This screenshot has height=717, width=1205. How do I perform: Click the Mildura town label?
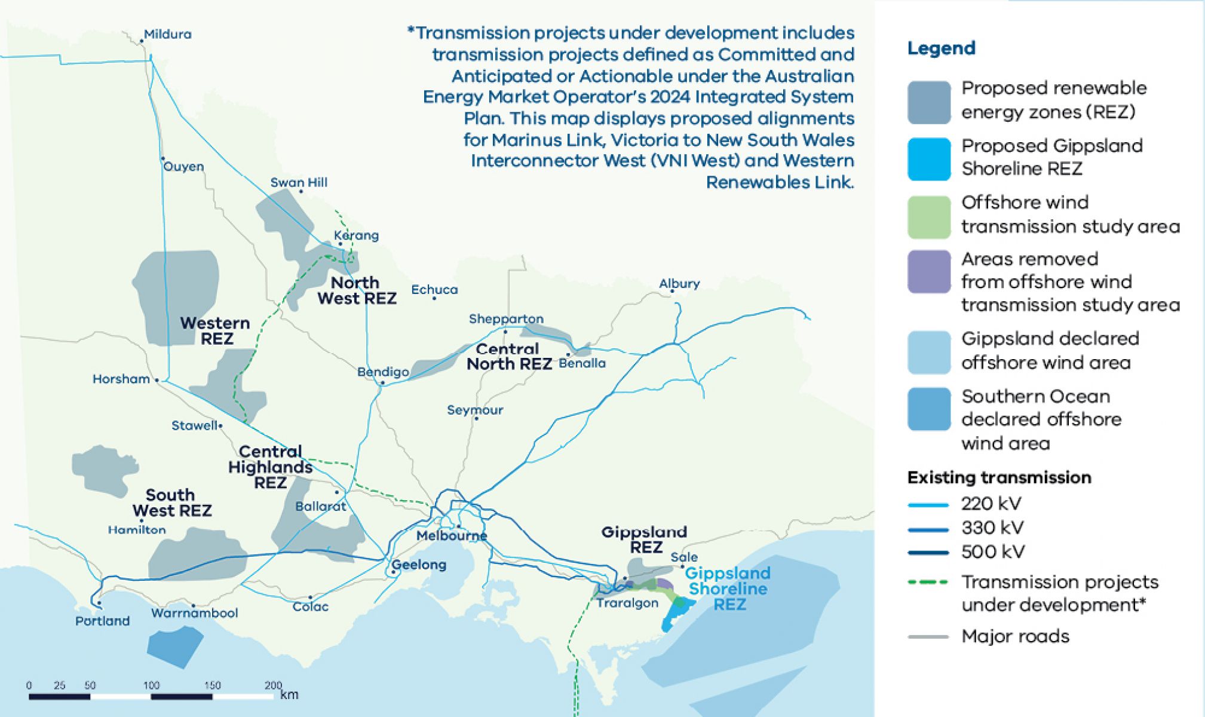(167, 34)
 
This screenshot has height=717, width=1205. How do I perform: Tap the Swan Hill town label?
(299, 182)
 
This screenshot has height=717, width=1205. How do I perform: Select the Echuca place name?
(434, 289)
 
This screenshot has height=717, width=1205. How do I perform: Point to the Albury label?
(679, 283)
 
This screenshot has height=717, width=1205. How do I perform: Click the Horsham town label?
(121, 379)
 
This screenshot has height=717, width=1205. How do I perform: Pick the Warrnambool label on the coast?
(194, 612)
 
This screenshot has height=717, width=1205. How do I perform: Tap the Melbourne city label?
(452, 535)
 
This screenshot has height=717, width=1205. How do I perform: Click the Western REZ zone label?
(215, 330)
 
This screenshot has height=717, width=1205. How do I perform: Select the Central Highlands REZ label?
(270, 467)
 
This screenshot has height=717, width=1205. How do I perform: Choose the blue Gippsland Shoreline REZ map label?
(728, 589)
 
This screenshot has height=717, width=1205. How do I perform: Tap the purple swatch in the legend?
(928, 272)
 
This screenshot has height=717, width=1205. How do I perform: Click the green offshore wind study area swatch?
(928, 217)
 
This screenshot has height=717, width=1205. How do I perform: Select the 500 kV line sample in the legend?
(928, 553)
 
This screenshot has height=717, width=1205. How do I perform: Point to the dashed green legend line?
(928, 582)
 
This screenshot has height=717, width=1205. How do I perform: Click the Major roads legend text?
(1015, 636)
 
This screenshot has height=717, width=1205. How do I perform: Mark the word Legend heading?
(941, 48)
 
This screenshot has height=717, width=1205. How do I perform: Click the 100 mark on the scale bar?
(151, 685)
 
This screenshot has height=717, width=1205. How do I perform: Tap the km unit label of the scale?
(289, 694)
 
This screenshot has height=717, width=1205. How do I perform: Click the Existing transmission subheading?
(999, 477)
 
